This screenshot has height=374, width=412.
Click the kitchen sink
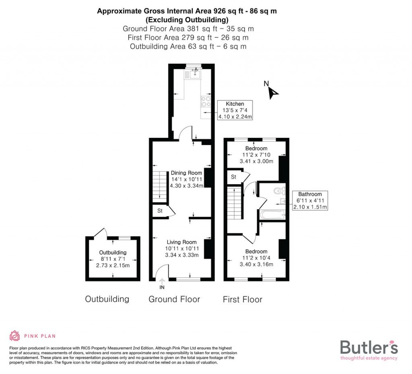click(x=197, y=73)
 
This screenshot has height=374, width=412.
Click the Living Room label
click(x=182, y=242)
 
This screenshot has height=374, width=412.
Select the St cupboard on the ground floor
click(x=159, y=211)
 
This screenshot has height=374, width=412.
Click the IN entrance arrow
click(x=162, y=281)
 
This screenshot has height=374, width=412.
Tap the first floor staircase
click(x=234, y=210)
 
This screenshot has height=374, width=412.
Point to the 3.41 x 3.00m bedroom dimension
click(x=256, y=161)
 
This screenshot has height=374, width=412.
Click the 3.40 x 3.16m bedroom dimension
click(x=256, y=265)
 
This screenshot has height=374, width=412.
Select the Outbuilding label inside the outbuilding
click(x=113, y=252)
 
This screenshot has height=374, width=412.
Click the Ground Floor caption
click(x=174, y=299)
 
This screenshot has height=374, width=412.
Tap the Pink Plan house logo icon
click(x=15, y=336)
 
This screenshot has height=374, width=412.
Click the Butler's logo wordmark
click(x=369, y=347)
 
